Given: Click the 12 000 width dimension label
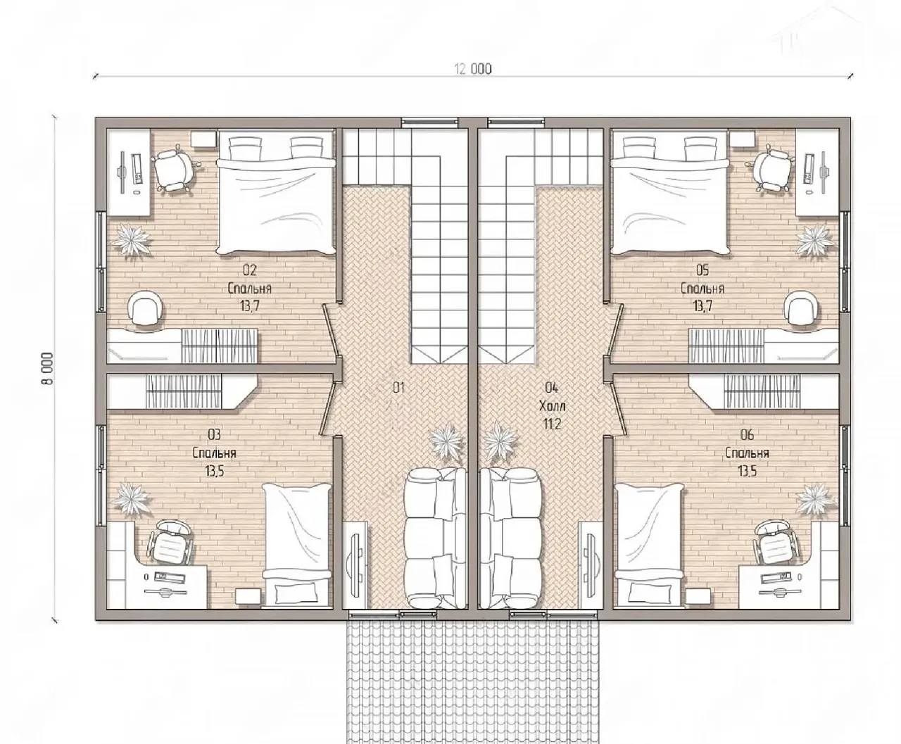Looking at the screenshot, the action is [473, 69].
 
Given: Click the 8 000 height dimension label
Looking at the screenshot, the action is [48, 369].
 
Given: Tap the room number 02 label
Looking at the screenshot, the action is [250, 270].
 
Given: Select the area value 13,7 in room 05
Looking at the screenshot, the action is [702, 306].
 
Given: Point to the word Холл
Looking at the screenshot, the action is [553, 406].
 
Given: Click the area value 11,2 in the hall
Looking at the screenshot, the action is [553, 424].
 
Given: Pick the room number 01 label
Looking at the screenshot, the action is [398, 388].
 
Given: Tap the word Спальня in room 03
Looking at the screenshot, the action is [214, 453].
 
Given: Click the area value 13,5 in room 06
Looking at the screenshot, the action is [748, 472].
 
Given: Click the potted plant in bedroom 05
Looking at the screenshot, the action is [814, 240].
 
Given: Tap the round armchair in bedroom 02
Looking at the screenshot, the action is [146, 308].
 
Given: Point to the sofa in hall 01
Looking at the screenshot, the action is [436, 538].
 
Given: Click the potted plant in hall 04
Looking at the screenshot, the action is [500, 441].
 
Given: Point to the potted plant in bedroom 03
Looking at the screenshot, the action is [131, 499].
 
